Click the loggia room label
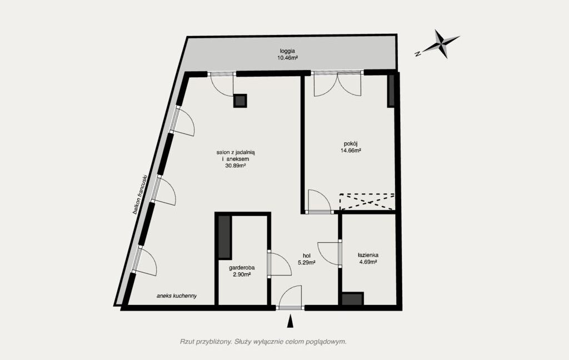point(287,51)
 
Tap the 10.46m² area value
point(287,58)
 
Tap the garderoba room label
point(242,268)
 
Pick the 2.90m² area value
point(242,274)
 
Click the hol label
point(306,256)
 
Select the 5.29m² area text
point(306,263)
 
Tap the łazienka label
point(368,255)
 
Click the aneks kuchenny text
point(177,296)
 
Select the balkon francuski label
point(141,194)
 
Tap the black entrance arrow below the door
point(290,322)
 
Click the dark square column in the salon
point(240,101)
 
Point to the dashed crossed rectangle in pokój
point(367,202)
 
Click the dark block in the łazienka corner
point(352,299)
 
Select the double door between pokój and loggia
point(337,83)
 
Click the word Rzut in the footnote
point(186,342)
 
